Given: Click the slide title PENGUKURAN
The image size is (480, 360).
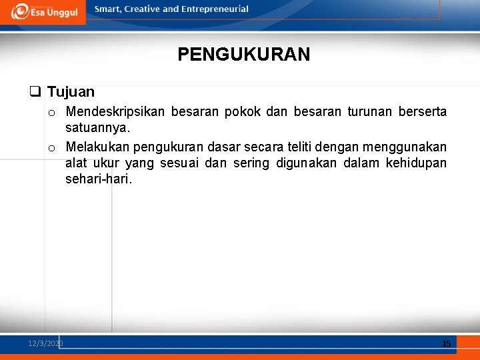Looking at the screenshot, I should [x=244, y=55].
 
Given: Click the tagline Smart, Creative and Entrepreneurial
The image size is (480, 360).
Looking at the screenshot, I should [x=171, y=9].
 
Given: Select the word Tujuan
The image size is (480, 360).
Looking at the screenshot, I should [x=71, y=92].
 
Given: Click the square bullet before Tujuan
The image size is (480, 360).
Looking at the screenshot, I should [x=35, y=92].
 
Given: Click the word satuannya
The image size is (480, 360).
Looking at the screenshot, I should [x=98, y=127].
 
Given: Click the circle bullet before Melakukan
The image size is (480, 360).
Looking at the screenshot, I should [x=51, y=147].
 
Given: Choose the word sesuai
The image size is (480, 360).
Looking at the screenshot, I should [x=179, y=163].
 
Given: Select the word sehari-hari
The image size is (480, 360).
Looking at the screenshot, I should [x=99, y=179].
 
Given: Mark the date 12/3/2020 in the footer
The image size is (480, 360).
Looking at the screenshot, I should [x=45, y=343].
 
